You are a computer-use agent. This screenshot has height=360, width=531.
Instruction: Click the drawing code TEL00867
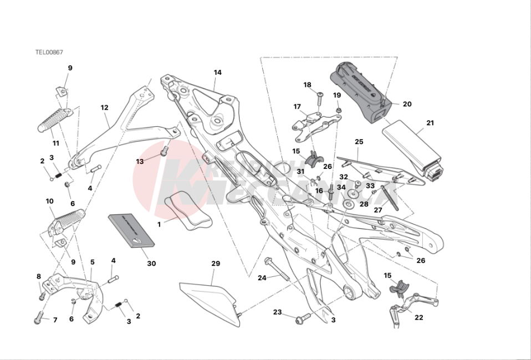[x=49, y=52]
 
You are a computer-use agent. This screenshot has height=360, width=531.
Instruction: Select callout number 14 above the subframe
[x=217, y=73]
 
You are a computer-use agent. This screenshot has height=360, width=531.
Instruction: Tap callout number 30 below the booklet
[x=151, y=264]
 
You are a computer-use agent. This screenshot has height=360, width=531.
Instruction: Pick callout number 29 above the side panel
[x=216, y=264]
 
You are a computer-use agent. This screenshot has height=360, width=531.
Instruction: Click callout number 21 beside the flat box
[x=430, y=123]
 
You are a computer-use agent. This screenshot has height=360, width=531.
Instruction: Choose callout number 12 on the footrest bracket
[x=105, y=107]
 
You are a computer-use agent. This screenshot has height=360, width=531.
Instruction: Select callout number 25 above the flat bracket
[x=359, y=142]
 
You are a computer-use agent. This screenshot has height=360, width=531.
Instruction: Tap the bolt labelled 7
[x=38, y=318]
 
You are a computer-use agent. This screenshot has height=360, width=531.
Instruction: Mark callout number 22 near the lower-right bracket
[x=418, y=317]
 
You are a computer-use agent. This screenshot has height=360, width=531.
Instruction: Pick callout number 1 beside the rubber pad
[x=159, y=225]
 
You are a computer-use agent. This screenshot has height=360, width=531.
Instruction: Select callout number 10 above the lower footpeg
[x=49, y=201]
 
